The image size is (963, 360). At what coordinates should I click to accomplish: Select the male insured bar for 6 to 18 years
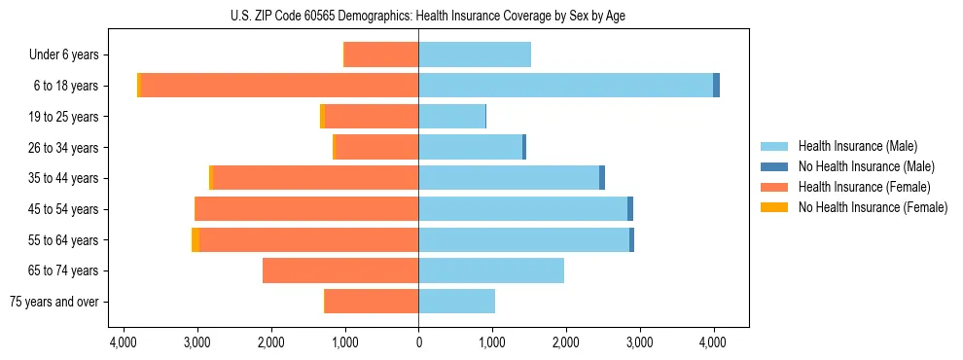pos(565,86)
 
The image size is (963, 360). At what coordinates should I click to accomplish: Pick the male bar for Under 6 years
pos(475,55)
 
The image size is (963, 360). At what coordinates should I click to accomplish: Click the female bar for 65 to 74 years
pos(340,270)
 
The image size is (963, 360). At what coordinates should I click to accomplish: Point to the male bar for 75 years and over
pos(456,302)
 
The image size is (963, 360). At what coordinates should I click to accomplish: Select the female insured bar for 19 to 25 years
pos(372,117)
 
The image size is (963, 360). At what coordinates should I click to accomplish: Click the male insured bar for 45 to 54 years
pos(522,209)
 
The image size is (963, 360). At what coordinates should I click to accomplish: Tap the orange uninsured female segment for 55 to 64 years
pos(196,240)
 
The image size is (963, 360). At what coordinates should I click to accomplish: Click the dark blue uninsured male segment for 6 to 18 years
pos(716,86)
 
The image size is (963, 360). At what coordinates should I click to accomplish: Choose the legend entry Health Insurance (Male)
pos(857,146)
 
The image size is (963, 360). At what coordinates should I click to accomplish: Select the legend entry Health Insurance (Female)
pos(864,187)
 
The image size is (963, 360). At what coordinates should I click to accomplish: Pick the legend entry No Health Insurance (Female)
pos(873,207)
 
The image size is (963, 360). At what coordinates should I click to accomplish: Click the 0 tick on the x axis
pos(418,342)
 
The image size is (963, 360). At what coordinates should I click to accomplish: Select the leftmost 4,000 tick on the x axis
pos(124,342)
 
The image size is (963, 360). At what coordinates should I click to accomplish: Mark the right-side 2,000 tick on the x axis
pos(566,342)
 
